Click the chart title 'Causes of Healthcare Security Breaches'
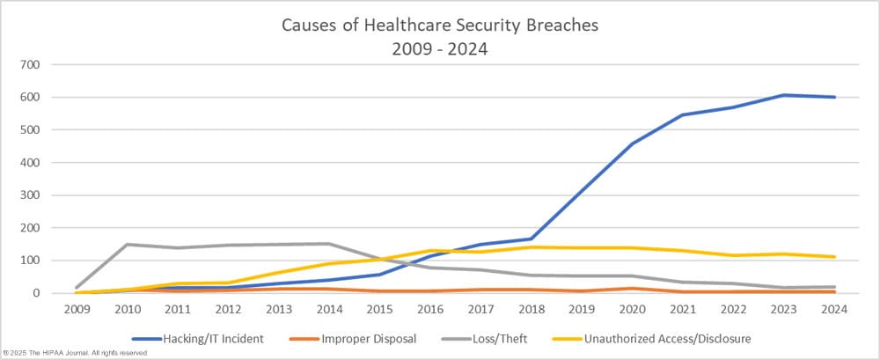439,25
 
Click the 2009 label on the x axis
77,309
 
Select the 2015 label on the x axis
380,309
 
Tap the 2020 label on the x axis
633,309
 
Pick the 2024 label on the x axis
834,309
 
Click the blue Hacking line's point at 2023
784,95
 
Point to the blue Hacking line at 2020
633,143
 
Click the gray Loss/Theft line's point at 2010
128,245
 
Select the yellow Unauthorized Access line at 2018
532,247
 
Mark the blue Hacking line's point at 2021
683,114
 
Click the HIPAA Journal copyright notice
74,353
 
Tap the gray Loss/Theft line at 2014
329,244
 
